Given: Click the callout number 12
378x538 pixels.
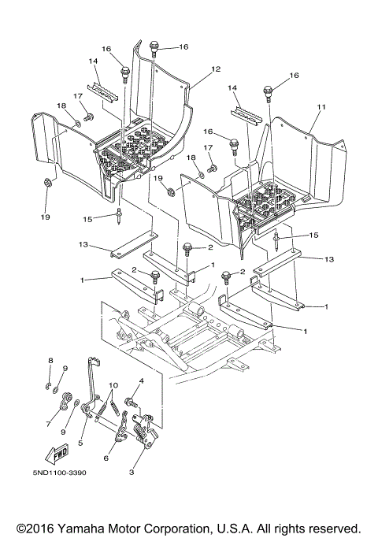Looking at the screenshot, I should [216, 69].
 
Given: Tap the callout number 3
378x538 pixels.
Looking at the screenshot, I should [131, 473].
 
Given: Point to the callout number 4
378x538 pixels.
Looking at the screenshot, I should [140, 383].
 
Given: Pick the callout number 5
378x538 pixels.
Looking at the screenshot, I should [80, 443].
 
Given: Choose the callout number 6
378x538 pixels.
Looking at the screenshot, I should [107, 458].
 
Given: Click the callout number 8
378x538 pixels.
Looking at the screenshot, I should [49, 361].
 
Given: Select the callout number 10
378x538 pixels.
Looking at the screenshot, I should [113, 385].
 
